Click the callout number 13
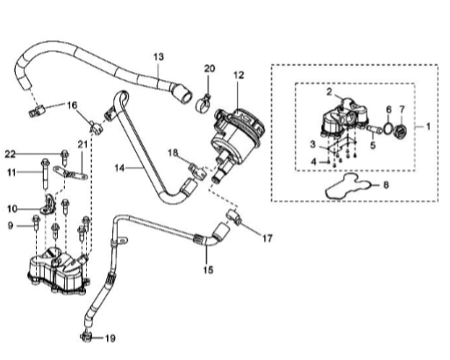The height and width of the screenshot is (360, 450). click(x=159, y=56)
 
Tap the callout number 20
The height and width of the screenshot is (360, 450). click(x=210, y=68)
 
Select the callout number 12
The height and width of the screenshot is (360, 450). click(x=239, y=76)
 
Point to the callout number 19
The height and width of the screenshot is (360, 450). click(x=111, y=338)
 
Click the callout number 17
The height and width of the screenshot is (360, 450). click(x=267, y=239)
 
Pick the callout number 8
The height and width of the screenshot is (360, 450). click(x=386, y=185)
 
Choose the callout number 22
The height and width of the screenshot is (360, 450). click(x=10, y=154)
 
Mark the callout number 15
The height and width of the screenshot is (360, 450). click(x=208, y=270)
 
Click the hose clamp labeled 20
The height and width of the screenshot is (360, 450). click(x=204, y=103)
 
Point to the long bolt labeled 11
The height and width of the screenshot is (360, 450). click(x=46, y=173)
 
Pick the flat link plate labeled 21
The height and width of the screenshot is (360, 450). click(x=70, y=174)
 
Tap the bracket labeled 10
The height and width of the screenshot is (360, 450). click(x=48, y=205)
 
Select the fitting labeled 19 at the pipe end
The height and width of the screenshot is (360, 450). click(x=86, y=337)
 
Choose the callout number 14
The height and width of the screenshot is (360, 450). click(x=119, y=168)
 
